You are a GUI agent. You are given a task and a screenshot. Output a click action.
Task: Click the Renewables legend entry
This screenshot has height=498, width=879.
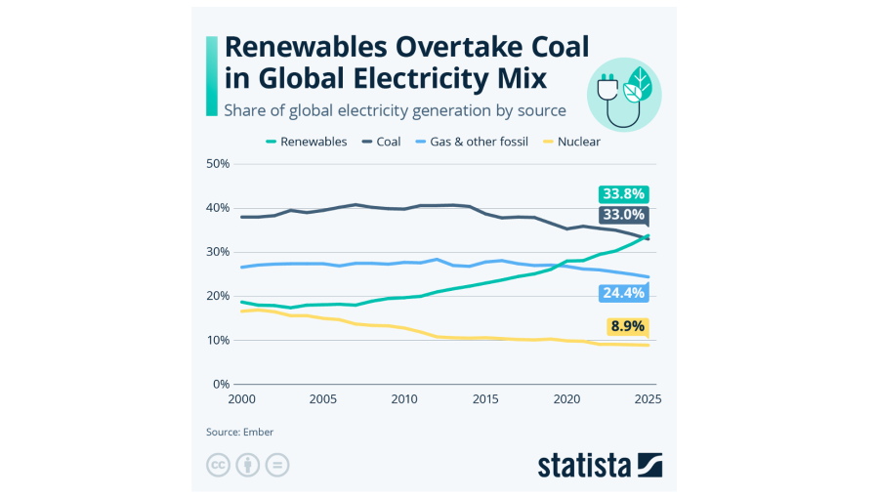307,142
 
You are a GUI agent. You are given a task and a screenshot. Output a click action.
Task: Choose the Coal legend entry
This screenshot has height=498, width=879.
382,142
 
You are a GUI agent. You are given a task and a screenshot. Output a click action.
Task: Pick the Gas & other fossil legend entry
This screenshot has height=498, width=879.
473,142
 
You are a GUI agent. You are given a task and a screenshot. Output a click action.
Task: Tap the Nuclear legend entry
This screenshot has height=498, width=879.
572,142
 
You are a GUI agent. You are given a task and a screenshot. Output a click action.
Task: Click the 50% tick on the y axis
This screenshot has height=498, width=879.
218,163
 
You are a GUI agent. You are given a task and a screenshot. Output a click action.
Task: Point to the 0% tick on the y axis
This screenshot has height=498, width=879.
221,384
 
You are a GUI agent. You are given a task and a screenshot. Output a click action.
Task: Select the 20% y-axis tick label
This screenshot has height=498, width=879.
218,296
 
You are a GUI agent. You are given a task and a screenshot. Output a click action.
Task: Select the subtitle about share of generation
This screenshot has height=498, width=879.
395,109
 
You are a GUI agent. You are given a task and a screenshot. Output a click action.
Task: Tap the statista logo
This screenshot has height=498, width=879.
600,465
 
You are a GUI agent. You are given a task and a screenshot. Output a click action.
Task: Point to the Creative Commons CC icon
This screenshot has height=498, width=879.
218,465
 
